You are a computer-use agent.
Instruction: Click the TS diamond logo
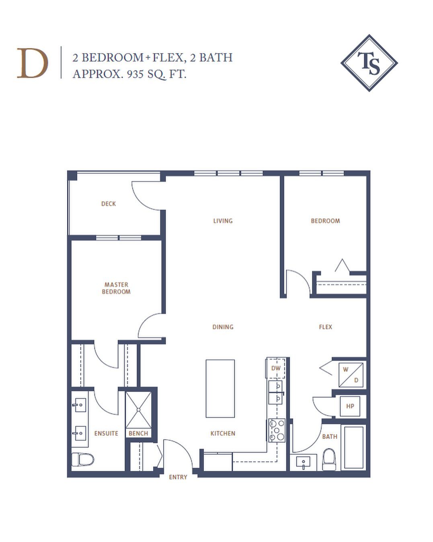tap(369, 63)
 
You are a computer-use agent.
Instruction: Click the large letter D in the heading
tap(33, 63)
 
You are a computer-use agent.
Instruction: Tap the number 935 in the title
tap(135, 74)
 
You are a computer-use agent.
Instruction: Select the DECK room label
tap(109, 204)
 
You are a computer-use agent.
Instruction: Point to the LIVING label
tap(223, 221)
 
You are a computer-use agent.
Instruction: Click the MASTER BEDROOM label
tap(116, 288)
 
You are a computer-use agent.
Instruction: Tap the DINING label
tap(223, 327)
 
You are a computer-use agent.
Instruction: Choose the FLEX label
tap(325, 327)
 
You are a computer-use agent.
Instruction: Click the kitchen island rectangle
tap(220, 388)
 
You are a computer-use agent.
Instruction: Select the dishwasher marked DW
tap(276, 368)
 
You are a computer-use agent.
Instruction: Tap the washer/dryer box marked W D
tap(351, 375)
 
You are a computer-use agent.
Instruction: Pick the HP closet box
tap(350, 406)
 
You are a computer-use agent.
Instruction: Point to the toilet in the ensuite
tap(83, 459)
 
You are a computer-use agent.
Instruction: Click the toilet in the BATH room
tap(329, 460)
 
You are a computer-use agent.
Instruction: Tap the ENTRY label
tap(178, 477)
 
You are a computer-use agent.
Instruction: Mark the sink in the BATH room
tap(304, 463)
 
